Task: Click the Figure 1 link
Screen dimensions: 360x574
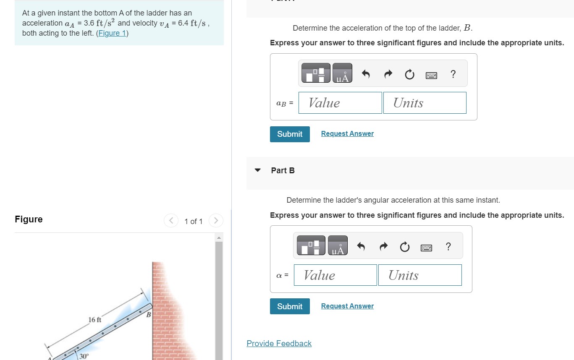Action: point(112,33)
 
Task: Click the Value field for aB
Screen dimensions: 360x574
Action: point(340,103)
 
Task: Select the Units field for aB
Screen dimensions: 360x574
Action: point(425,103)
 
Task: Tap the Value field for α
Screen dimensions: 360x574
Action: point(335,275)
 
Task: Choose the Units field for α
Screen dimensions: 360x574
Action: point(419,275)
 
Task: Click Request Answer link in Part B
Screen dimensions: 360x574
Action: point(347,306)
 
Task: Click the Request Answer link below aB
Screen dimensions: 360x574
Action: point(347,133)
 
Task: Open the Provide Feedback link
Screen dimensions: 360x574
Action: point(279,344)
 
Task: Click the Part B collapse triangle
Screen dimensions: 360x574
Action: point(258,170)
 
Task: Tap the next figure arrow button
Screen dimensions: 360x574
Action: point(215,221)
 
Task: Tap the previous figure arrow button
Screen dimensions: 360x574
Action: point(171,221)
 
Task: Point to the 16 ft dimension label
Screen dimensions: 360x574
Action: point(95,320)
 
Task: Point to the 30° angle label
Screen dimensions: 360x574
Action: point(84,356)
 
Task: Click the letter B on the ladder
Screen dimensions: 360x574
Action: point(148,314)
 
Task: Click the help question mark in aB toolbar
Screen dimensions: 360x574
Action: point(453,74)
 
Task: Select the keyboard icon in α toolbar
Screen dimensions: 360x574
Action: point(426,247)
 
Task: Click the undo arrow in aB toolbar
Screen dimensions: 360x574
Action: point(366,75)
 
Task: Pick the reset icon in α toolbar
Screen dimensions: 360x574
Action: point(404,247)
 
